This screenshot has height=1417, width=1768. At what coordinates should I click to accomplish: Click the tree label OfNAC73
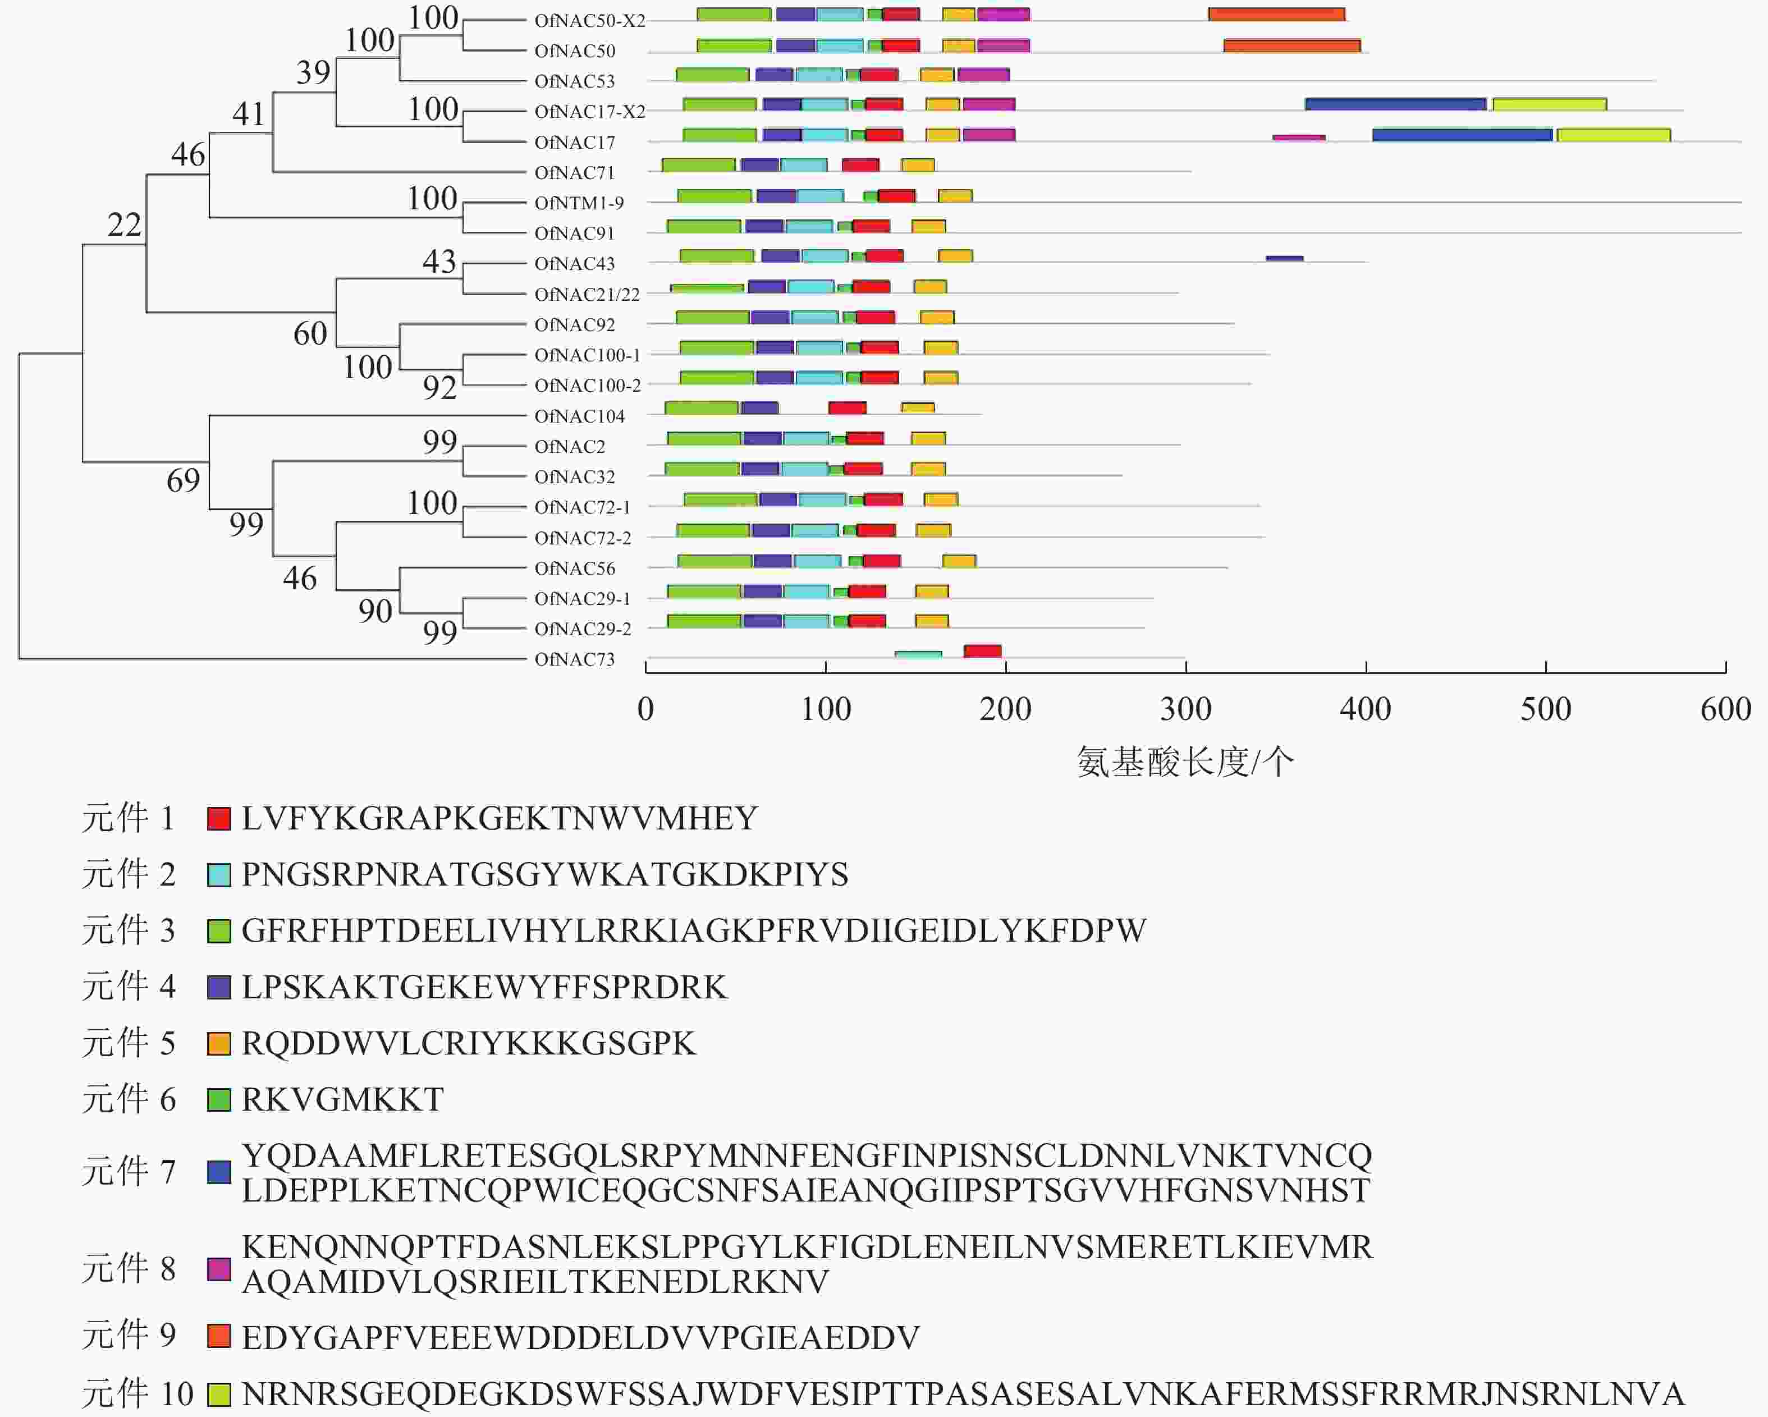pyautogui.click(x=574, y=659)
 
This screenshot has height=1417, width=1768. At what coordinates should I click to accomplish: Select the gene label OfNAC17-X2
pyautogui.click(x=589, y=112)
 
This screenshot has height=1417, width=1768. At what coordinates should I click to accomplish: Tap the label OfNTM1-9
pyautogui.click(x=579, y=203)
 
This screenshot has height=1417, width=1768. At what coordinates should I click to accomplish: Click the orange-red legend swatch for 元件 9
pyautogui.click(x=219, y=1337)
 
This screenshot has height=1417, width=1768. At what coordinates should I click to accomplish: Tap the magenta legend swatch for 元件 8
pyautogui.click(x=219, y=1269)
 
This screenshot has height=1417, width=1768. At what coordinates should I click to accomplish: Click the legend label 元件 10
pyautogui.click(x=137, y=1394)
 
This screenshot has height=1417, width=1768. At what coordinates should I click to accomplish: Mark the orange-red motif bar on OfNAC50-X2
pyautogui.click(x=1276, y=15)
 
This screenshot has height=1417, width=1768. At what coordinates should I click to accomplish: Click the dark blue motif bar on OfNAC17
pyautogui.click(x=1462, y=135)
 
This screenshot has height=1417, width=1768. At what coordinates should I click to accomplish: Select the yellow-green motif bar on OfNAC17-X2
pyautogui.click(x=1549, y=105)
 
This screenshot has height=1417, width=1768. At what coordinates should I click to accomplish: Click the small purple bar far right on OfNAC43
pyautogui.click(x=1284, y=258)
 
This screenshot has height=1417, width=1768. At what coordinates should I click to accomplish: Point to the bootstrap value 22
pyautogui.click(x=125, y=224)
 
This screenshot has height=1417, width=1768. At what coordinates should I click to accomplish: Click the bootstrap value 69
pyautogui.click(x=183, y=480)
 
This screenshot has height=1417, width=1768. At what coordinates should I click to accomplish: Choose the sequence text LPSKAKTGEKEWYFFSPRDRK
pyautogui.click(x=484, y=987)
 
